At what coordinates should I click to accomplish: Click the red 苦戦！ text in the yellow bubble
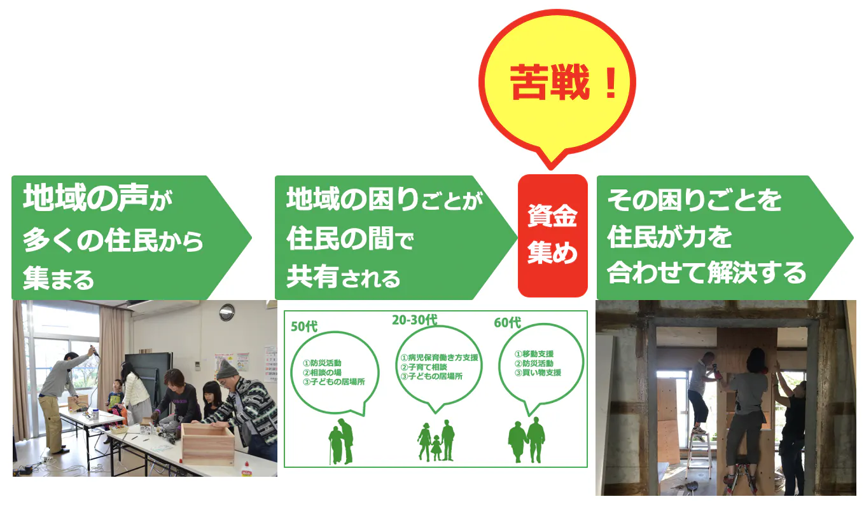[563, 82]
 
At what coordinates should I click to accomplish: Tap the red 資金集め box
[552, 235]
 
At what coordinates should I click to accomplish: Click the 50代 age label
[304, 327]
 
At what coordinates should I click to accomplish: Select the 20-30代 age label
[415, 320]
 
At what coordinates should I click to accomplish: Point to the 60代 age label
[507, 322]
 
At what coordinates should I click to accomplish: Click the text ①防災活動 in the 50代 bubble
[322, 363]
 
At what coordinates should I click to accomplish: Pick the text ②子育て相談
[424, 367]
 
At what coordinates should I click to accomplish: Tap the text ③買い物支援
[538, 373]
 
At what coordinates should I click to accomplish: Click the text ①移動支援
[534, 354]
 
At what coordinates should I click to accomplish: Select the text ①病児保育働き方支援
[440, 358]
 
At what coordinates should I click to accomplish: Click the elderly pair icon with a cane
[341, 441]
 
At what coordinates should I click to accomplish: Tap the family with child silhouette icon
[436, 441]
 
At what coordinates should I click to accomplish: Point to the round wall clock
[226, 312]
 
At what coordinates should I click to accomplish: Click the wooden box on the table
[208, 443]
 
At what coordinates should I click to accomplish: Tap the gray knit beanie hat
[226, 369]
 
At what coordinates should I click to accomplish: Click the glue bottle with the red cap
[246, 469]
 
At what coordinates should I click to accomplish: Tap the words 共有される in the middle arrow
[344, 277]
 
